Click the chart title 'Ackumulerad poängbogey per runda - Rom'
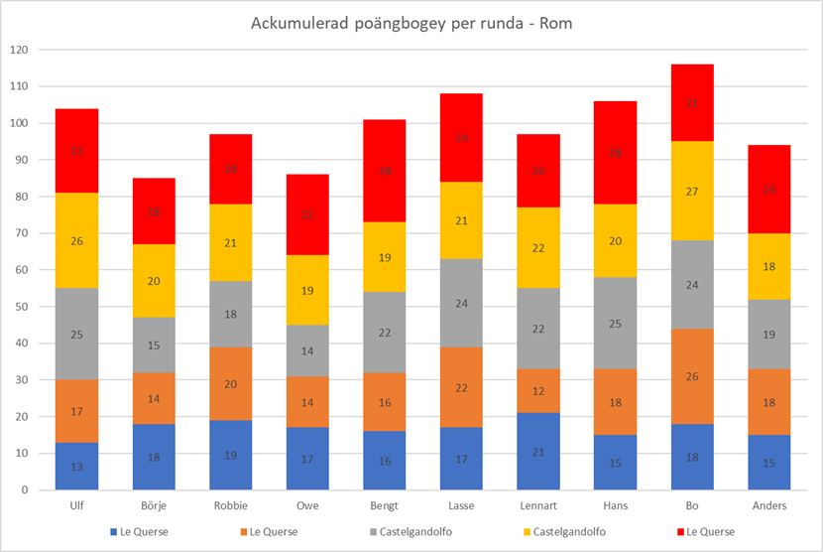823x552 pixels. (x=411, y=22)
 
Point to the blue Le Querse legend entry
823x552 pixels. (x=139, y=532)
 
